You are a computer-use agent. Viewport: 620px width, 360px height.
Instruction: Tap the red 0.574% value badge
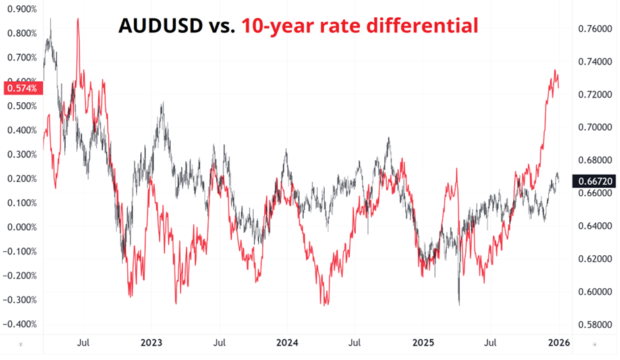click(22, 87)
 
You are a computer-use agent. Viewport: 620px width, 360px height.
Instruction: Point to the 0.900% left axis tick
click(21, 9)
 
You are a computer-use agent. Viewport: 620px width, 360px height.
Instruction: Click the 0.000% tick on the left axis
click(21, 227)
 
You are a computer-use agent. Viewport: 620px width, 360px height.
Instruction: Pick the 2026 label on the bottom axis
click(559, 343)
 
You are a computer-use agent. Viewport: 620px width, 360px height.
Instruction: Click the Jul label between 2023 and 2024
click(220, 343)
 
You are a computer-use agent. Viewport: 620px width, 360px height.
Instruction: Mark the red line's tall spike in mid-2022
click(78, 20)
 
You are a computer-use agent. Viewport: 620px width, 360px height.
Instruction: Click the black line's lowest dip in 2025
click(459, 304)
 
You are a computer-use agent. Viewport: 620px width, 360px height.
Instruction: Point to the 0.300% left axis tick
click(21, 155)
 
